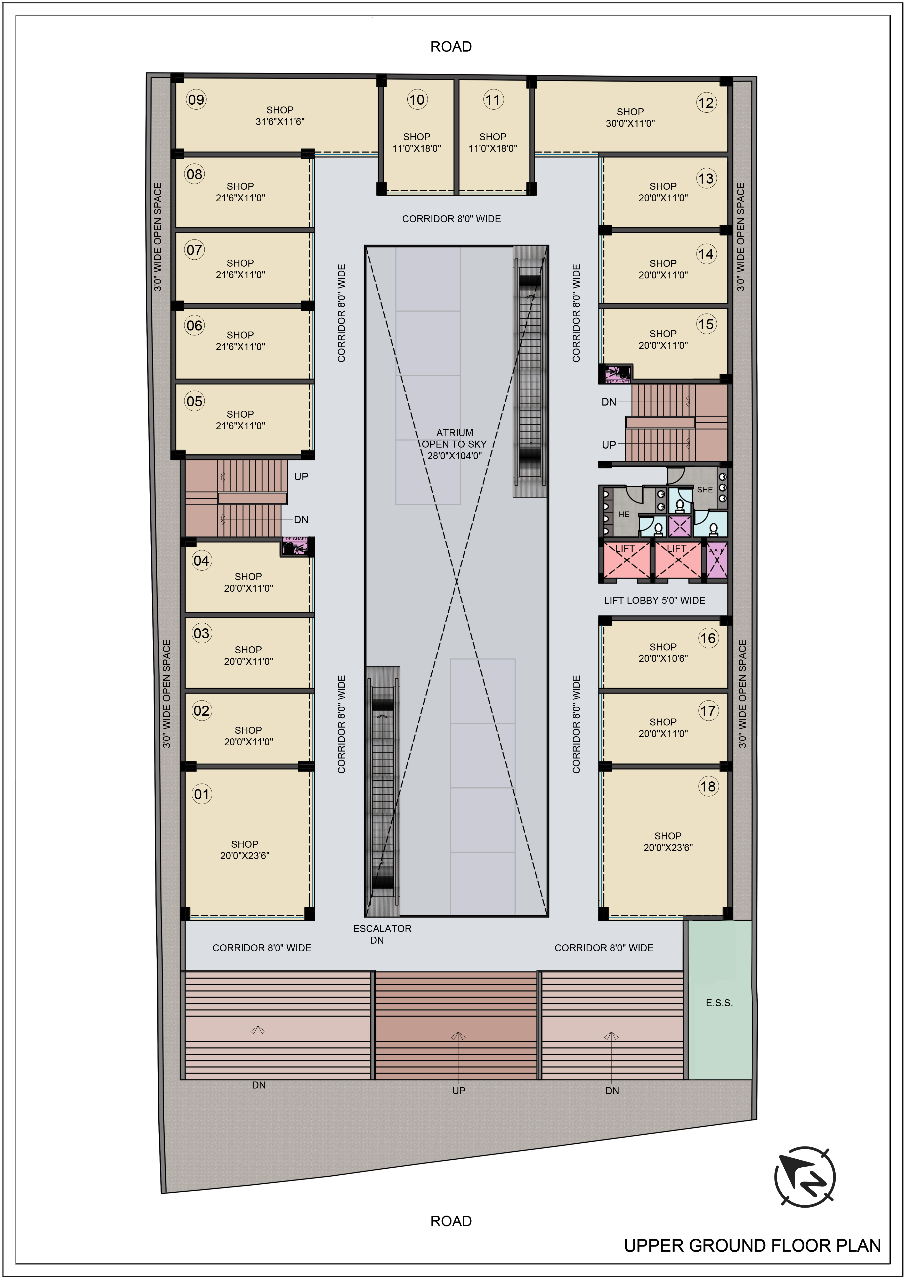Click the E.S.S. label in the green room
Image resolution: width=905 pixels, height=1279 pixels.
pyautogui.click(x=719, y=1003)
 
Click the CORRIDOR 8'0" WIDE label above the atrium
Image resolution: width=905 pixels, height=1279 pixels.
pyautogui.click(x=451, y=219)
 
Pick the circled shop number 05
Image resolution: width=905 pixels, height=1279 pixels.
pyautogui.click(x=195, y=401)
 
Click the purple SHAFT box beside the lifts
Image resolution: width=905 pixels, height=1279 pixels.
pyautogui.click(x=717, y=559)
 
